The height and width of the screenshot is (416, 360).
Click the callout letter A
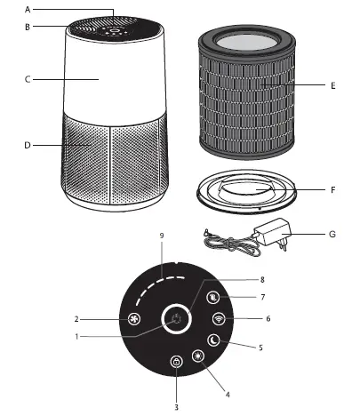tap(28, 10)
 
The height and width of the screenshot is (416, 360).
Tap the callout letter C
tap(28, 80)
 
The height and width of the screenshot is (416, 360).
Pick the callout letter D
tap(28, 144)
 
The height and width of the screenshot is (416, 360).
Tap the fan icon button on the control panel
tap(135, 317)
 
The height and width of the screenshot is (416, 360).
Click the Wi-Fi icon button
tap(219, 318)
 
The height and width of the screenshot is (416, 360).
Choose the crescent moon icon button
tap(212, 340)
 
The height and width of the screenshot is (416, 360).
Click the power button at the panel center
tap(177, 318)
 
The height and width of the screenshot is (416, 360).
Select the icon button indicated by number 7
tap(213, 298)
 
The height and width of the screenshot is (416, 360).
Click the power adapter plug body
tap(270, 235)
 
